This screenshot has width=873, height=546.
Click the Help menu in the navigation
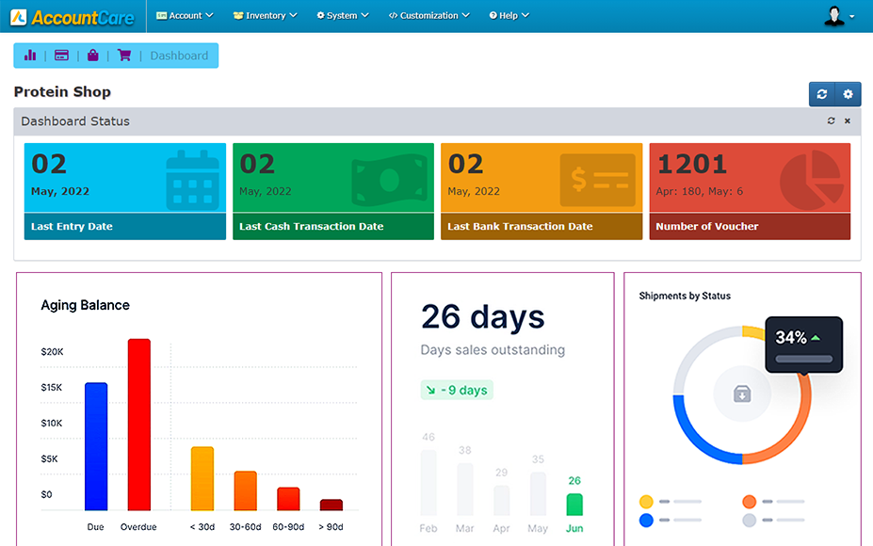click(509, 16)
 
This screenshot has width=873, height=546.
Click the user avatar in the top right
click(835, 16)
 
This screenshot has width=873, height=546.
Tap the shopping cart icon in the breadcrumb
click(124, 56)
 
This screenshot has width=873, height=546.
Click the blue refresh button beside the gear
click(822, 94)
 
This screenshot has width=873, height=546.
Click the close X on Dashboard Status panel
click(847, 121)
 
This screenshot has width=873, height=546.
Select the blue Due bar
click(96, 446)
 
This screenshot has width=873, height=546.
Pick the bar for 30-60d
click(245, 490)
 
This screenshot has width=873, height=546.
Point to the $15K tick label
click(52, 388)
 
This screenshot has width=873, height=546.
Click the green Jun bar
click(574, 504)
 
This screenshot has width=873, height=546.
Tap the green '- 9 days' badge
click(457, 390)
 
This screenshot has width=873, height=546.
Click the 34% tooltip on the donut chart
click(803, 344)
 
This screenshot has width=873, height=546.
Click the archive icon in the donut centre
click(742, 393)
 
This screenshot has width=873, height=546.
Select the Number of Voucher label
click(707, 227)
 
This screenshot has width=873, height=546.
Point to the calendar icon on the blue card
click(192, 180)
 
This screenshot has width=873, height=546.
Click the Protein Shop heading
click(62, 92)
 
